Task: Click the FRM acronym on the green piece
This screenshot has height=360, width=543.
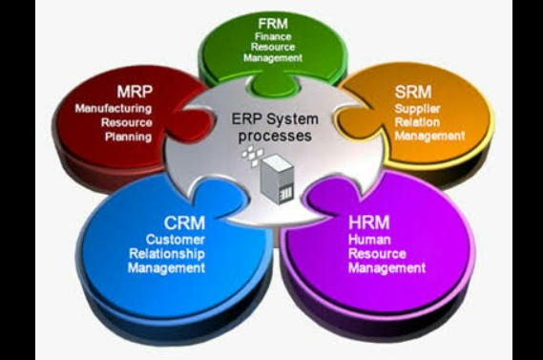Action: point(273,24)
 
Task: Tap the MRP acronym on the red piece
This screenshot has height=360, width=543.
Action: point(135,92)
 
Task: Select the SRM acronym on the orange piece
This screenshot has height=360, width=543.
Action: point(413,92)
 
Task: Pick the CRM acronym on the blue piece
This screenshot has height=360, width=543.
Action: point(184,222)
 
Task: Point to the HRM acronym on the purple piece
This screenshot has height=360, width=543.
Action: point(369,222)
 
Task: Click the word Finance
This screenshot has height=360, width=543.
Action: point(273,36)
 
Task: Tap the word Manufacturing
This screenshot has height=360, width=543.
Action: point(114,109)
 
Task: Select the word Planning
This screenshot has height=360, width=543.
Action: point(128,137)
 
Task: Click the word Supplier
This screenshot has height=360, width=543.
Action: point(417,109)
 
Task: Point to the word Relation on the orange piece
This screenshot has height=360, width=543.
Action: point(417,122)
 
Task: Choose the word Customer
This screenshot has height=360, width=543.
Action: point(176,240)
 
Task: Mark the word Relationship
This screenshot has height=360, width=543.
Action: point(167,254)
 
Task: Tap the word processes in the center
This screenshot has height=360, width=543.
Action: point(275,136)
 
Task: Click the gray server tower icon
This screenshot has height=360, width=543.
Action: point(278,179)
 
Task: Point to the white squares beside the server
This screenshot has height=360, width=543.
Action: point(253,156)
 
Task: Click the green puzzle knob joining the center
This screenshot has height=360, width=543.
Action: point(275,84)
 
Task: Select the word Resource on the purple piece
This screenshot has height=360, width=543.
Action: point(377,254)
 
